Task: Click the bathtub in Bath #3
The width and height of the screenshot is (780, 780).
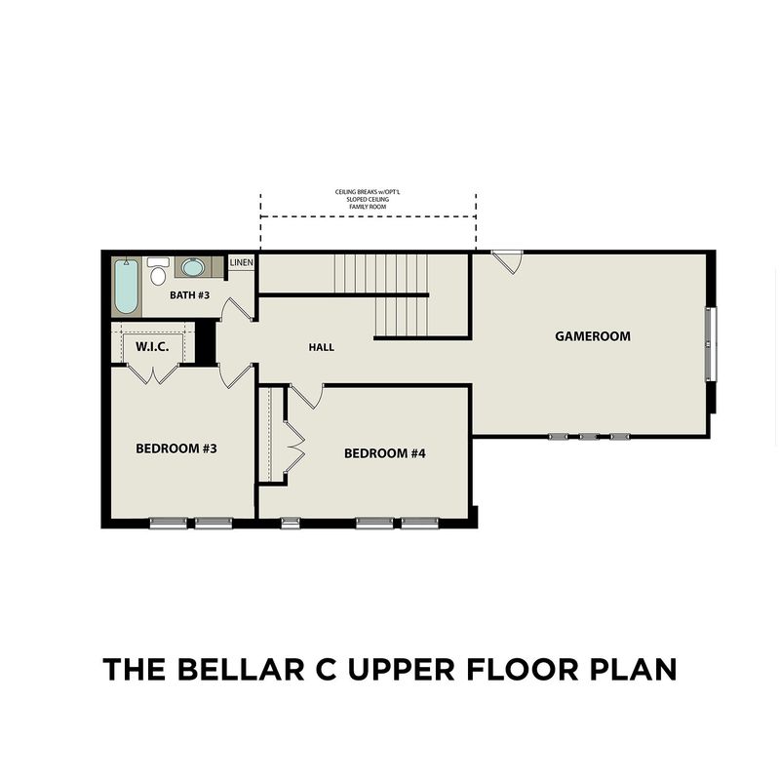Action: tap(126, 287)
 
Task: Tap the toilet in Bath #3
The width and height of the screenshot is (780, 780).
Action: tap(158, 271)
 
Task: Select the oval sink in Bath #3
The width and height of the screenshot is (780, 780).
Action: tap(191, 267)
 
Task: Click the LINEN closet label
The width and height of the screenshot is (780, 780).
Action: tap(242, 262)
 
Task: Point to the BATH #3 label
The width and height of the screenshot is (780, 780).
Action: tap(189, 295)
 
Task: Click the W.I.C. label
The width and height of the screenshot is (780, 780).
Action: tap(152, 347)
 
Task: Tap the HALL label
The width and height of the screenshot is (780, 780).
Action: tap(322, 347)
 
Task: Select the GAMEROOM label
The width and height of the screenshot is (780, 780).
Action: tap(593, 336)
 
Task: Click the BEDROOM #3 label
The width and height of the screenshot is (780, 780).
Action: tap(176, 448)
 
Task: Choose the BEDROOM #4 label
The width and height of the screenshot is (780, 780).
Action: tap(384, 453)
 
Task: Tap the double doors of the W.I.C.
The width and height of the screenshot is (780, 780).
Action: tap(153, 374)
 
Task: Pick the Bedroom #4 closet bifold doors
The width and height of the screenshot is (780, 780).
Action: tap(294, 447)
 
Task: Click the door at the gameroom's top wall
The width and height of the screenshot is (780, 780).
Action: tap(507, 261)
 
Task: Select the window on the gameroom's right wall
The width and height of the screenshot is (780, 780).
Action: tap(712, 344)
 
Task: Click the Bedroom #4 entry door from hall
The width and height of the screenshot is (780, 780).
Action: tap(306, 396)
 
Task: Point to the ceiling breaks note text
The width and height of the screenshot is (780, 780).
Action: tap(368, 199)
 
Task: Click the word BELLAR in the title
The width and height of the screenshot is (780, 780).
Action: tap(241, 669)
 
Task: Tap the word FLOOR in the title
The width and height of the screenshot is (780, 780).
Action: tap(523, 669)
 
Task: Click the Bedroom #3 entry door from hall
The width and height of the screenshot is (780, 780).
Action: tap(237, 376)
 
